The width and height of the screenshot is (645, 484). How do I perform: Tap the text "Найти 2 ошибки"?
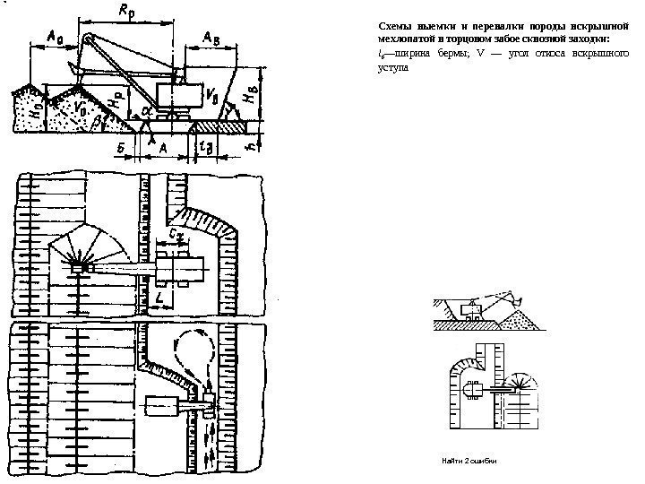(x=469, y=460)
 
